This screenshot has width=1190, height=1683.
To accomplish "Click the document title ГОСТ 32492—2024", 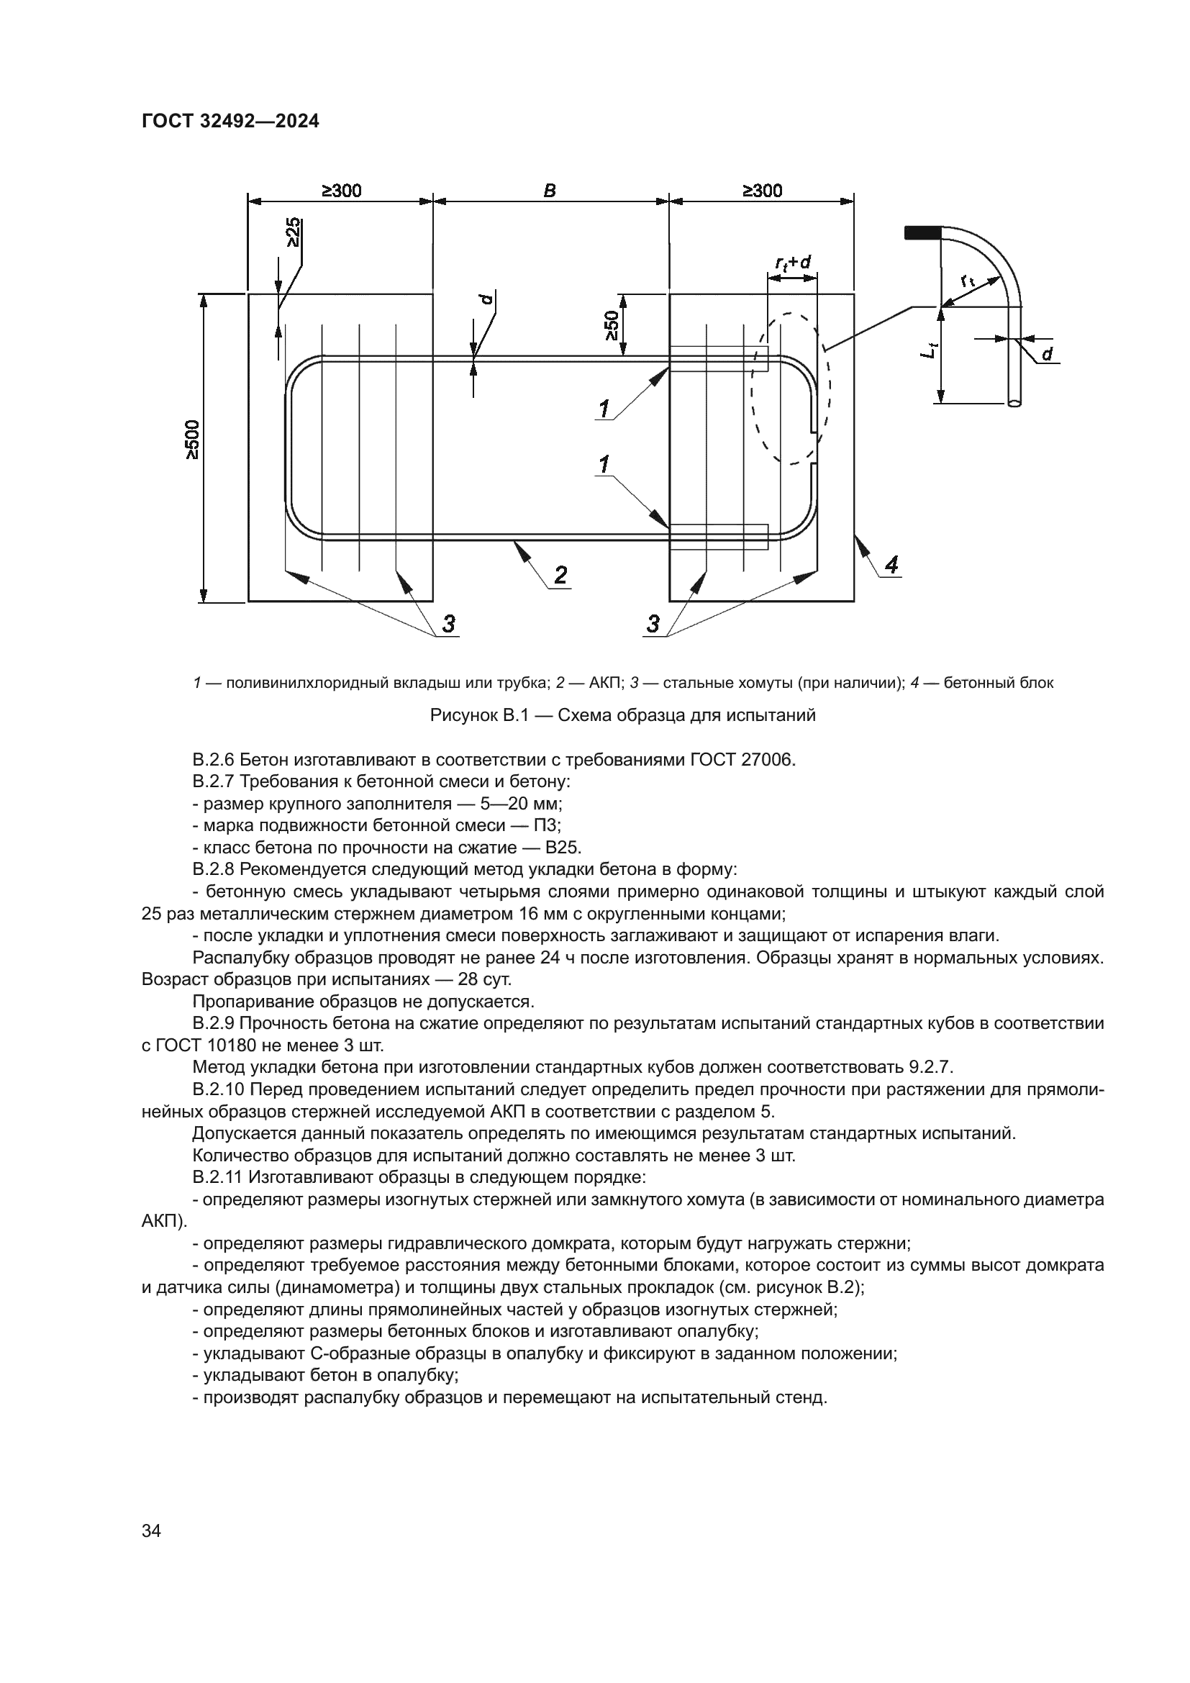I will coord(230,122).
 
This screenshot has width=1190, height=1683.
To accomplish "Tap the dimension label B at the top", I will coord(550,191).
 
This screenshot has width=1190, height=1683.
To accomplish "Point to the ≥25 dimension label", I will coord(292,232).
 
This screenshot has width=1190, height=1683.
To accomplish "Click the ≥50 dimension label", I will coord(612,325).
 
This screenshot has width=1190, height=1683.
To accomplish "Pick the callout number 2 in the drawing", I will coord(560,576).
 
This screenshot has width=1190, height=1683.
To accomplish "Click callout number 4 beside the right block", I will coord(891,564).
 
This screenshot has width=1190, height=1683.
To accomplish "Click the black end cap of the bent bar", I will coord(922,232).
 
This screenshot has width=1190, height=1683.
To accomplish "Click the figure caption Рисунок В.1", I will coord(622,715).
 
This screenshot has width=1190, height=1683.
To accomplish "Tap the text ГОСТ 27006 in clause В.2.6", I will coord(742,760).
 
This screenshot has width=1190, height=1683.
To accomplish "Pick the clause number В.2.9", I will coord(214,1024).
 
